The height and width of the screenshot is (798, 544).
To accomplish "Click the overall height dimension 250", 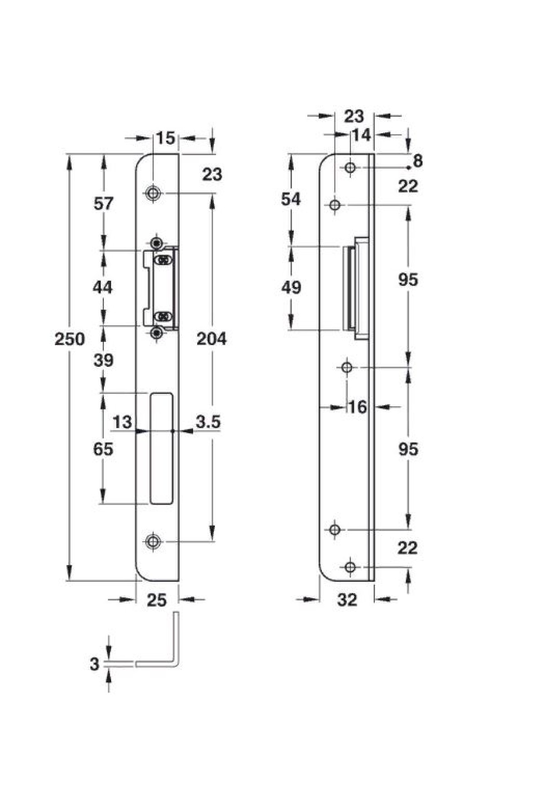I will pyautogui.click(x=69, y=339).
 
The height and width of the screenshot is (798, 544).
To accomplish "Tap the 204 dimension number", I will pyautogui.click(x=211, y=339).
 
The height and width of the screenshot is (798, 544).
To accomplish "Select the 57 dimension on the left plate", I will pyautogui.click(x=103, y=204).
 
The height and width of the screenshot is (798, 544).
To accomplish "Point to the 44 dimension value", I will pyautogui.click(x=102, y=287).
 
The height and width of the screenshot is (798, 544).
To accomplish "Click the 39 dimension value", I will pyautogui.click(x=103, y=360).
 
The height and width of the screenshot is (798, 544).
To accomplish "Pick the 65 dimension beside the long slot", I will pyautogui.click(x=103, y=449).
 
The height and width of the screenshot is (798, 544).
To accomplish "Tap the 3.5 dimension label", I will pyautogui.click(x=208, y=422).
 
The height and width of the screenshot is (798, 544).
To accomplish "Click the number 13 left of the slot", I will pyautogui.click(x=122, y=422).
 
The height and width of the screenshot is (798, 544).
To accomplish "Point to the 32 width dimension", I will pyautogui.click(x=348, y=600).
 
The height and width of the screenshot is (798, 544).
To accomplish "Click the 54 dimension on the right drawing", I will pyautogui.click(x=291, y=199).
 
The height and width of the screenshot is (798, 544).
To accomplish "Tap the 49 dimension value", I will pyautogui.click(x=291, y=287).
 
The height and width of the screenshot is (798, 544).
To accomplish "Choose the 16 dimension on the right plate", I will pyautogui.click(x=357, y=407).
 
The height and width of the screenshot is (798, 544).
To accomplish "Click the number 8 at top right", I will pyautogui.click(x=418, y=161).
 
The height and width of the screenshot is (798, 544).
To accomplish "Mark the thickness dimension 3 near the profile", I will pyautogui.click(x=94, y=664).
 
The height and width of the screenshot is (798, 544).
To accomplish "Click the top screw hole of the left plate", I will pyautogui.click(x=153, y=194).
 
